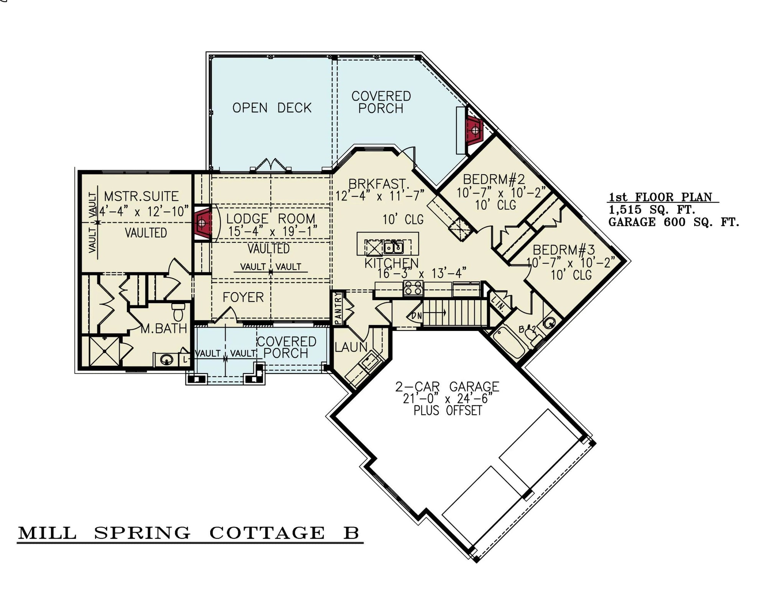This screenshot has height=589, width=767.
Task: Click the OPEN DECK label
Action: click(x=272, y=108)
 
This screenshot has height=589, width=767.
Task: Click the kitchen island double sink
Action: click(x=394, y=247)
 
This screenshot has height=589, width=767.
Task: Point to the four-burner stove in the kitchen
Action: click(x=413, y=288)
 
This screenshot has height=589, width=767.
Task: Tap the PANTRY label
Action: click(x=338, y=308)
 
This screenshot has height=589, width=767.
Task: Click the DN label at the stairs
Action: click(x=417, y=316)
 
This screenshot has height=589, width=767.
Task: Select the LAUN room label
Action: click(x=351, y=347)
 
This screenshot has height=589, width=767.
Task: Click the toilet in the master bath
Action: click(x=178, y=312)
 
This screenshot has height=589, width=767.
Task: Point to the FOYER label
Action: click(x=243, y=297)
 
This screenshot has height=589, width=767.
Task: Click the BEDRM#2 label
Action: click(x=494, y=179)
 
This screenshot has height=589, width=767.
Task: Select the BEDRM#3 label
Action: click(x=564, y=250)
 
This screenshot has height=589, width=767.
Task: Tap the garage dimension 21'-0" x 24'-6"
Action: click(x=447, y=398)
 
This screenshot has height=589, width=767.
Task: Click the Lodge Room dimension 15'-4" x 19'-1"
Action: click(x=273, y=231)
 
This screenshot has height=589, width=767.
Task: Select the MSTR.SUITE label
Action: click(x=141, y=196)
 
